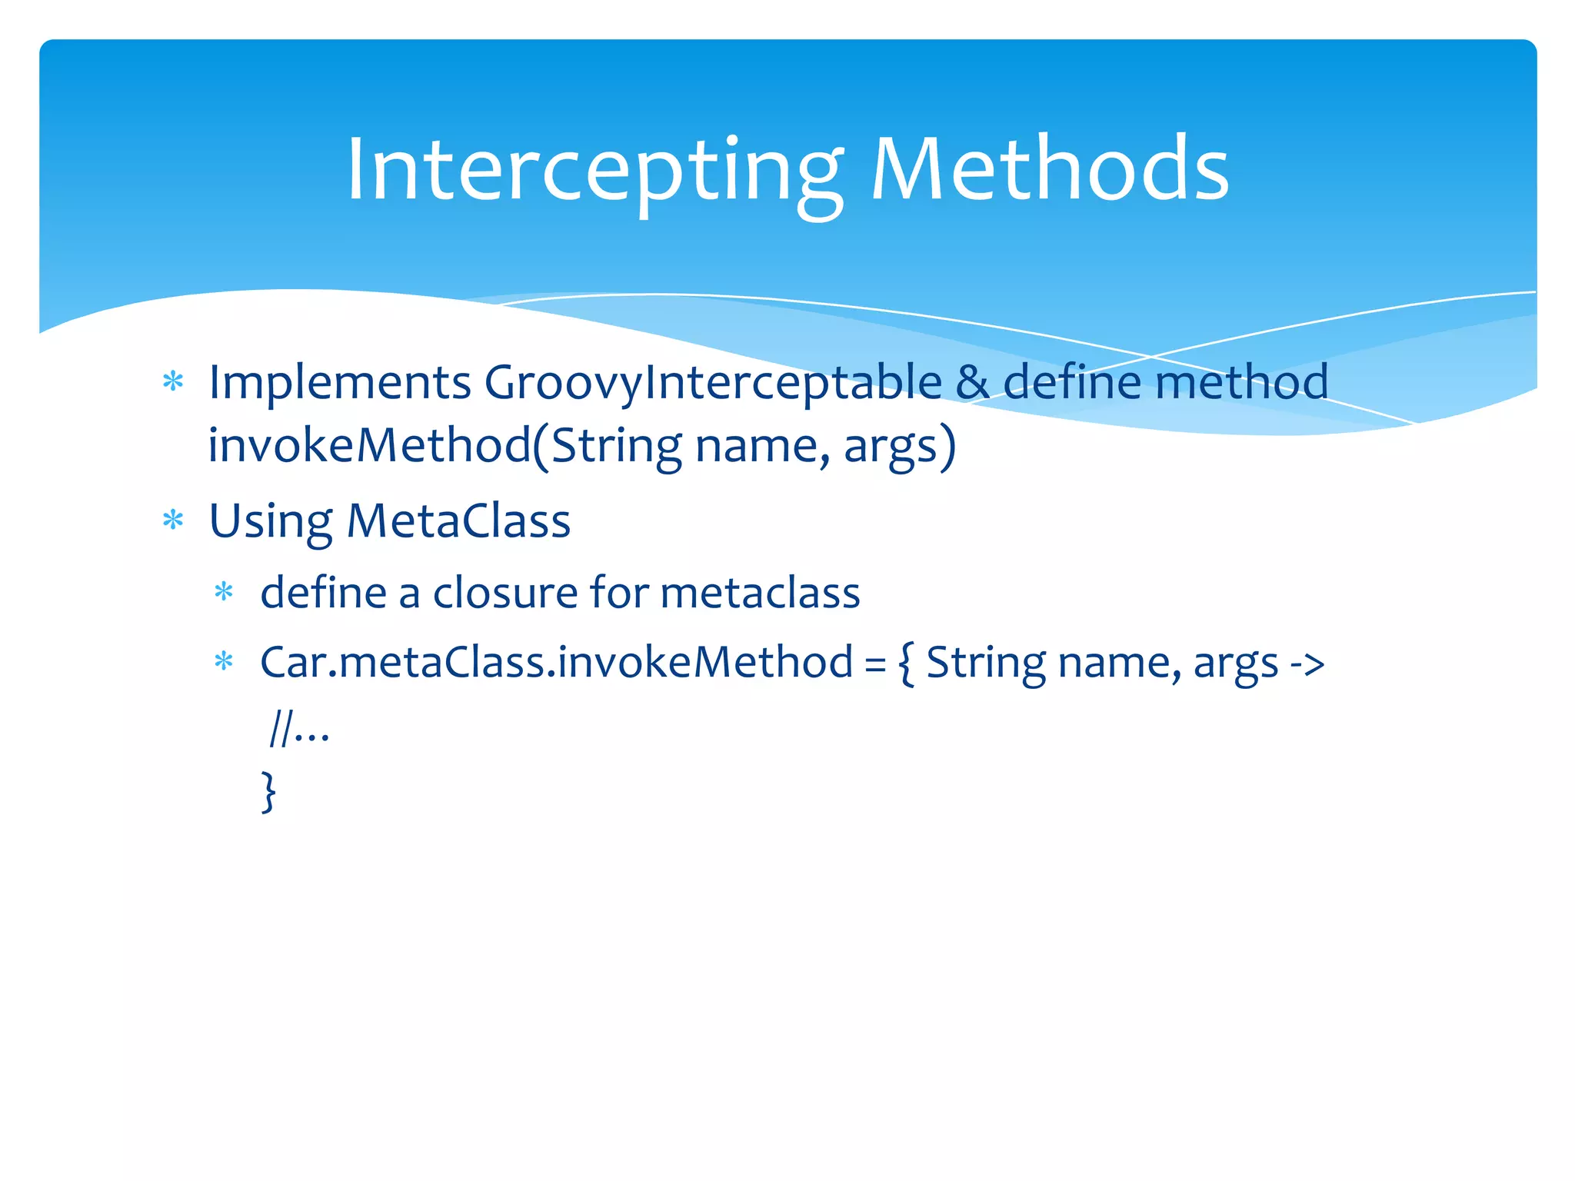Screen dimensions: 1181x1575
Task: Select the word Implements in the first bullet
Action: [x=340, y=382]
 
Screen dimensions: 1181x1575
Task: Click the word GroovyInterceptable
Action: [x=713, y=382]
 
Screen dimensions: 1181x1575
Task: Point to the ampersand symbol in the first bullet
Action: [x=972, y=382]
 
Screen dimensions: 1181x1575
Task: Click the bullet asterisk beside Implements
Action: [x=173, y=381]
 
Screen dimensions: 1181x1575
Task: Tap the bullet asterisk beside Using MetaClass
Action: [x=173, y=521]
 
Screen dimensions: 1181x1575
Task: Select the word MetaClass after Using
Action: [x=458, y=521]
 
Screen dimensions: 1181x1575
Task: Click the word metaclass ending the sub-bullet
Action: [x=760, y=593]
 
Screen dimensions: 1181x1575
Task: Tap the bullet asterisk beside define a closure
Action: [x=224, y=592]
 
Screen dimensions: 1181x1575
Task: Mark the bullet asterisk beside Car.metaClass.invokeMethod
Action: [x=224, y=661]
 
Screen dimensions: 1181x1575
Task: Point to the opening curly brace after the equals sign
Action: [x=906, y=663]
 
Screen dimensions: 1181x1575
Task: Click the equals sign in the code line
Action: [x=875, y=663]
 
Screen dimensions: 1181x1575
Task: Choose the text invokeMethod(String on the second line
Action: [x=445, y=445]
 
